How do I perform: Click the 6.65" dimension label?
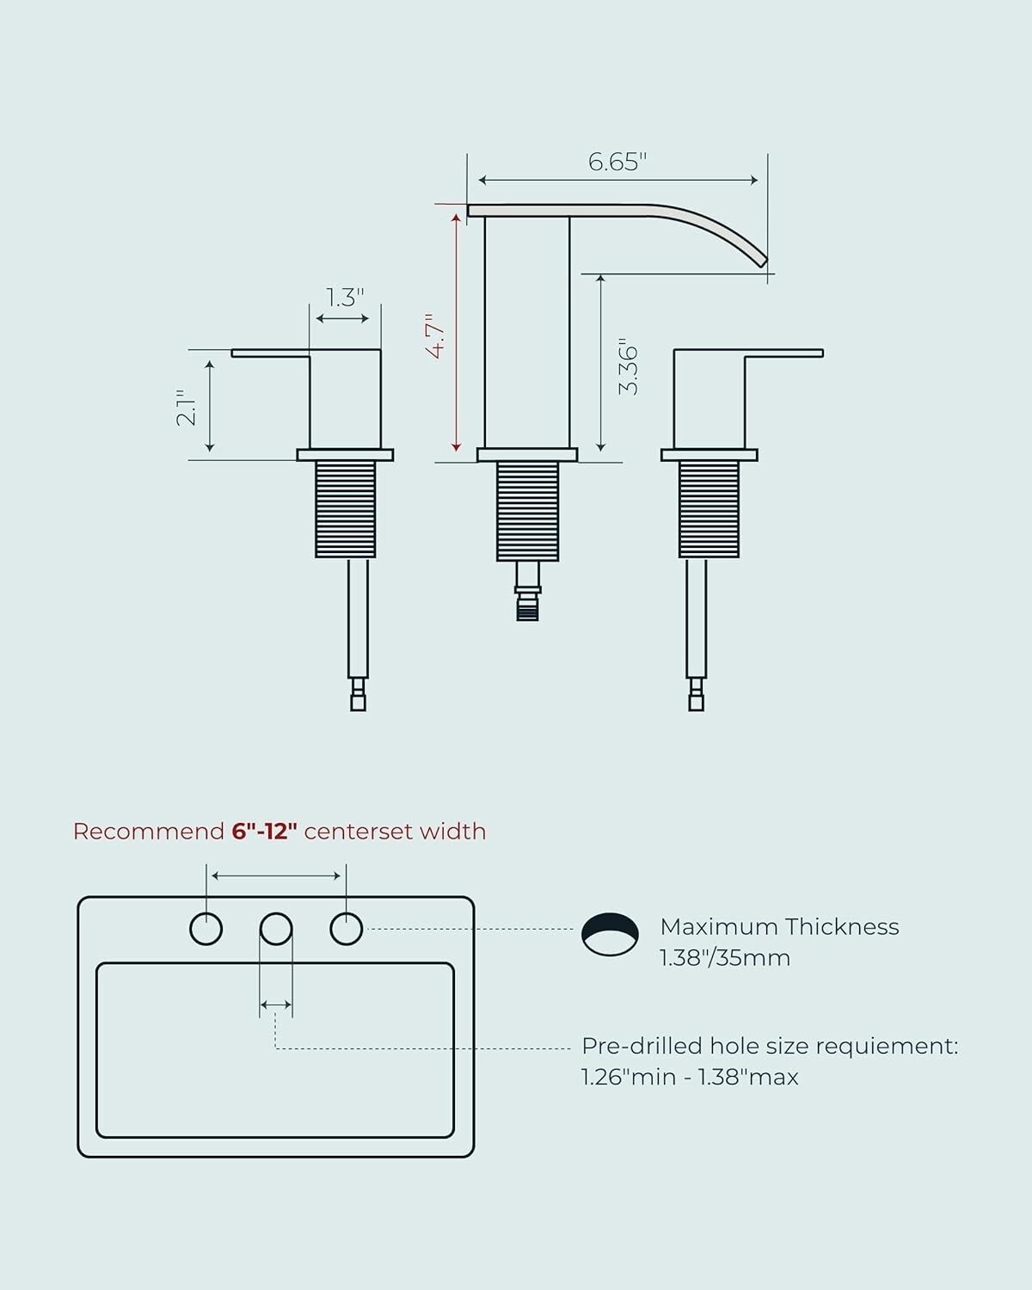point(617,162)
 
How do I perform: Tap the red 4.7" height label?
point(437,335)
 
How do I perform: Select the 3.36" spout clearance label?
point(629,366)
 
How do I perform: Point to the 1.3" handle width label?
point(345,298)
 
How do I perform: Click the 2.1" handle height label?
point(186,408)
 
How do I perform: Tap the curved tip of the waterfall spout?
point(762,261)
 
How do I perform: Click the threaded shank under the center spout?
point(528,512)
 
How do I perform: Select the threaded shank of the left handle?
point(346,509)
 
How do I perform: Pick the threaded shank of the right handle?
point(709,509)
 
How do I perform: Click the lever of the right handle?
point(783,353)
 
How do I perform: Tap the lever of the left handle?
point(270,353)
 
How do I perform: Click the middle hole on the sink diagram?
point(276,929)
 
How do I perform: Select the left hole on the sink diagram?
point(206,929)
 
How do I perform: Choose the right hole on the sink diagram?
point(347,929)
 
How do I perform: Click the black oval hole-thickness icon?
point(610,934)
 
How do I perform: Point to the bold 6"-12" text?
point(264,832)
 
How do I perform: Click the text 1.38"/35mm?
point(725,958)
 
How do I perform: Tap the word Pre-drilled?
point(642,1046)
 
